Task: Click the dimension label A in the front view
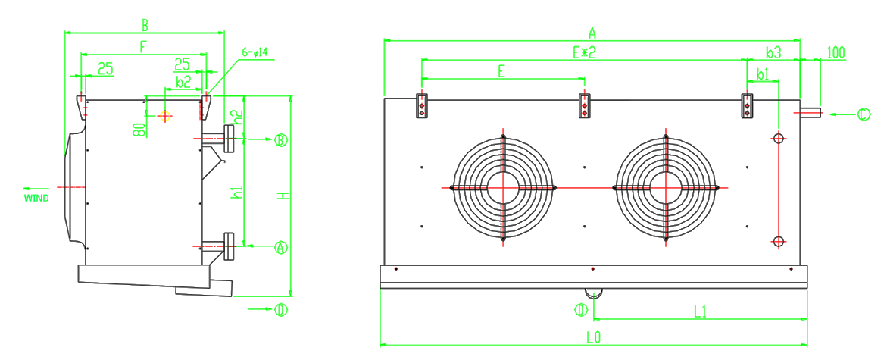(592, 32)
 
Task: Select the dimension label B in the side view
(145, 25)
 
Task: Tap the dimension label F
(142, 47)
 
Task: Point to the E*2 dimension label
(584, 52)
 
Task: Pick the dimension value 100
(836, 52)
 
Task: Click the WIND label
(36, 198)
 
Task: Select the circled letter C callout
(864, 114)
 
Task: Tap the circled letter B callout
(281, 139)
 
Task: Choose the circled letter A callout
(281, 246)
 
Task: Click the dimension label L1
(700, 311)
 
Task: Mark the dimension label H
(283, 196)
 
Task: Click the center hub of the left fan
(502, 187)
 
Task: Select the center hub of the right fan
(665, 187)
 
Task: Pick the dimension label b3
(773, 52)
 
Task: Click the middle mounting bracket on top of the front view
(585, 105)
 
